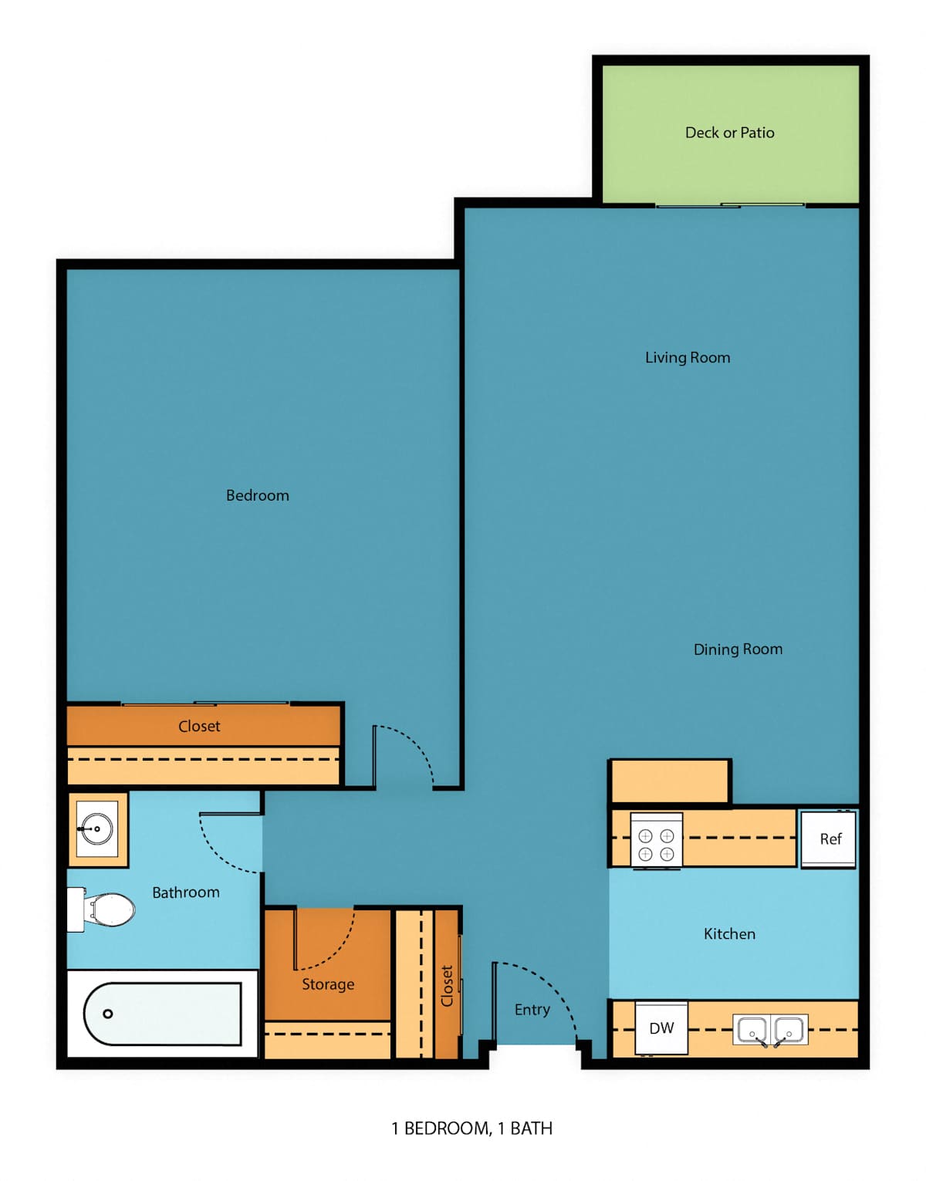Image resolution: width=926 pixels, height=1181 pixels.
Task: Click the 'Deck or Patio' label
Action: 729,133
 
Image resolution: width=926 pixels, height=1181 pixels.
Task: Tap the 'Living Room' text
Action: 688,358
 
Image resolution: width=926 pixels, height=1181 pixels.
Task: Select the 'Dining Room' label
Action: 738,650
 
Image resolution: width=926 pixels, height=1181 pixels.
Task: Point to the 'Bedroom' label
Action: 258,495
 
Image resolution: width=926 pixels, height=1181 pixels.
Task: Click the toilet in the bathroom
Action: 101,909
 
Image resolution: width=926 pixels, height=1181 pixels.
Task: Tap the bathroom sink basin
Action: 96,829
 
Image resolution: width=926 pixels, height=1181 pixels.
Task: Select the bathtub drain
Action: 107,1014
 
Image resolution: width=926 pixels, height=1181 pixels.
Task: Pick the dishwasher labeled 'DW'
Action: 661,1027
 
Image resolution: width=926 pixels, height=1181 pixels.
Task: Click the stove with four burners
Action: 656,842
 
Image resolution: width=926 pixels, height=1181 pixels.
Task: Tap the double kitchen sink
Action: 770,1029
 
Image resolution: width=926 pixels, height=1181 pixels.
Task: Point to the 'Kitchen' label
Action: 729,933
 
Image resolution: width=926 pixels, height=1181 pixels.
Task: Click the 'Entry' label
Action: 532,1010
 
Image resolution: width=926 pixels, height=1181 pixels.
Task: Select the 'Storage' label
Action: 328,984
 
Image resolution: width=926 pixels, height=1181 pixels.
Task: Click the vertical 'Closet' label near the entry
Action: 447,986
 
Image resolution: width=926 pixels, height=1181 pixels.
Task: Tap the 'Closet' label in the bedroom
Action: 199,726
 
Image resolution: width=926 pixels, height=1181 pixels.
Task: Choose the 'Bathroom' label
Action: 186,892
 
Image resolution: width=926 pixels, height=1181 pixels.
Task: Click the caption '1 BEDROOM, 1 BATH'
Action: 471,1129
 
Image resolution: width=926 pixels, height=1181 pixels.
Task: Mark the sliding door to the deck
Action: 730,205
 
